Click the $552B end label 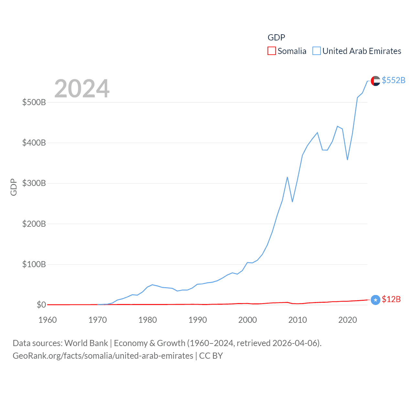[393, 80]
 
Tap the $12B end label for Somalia [391, 299]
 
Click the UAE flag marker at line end [375, 81]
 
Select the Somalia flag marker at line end [375, 300]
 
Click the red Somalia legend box [272, 51]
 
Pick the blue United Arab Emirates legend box [317, 51]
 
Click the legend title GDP [276, 38]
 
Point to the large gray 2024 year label [82, 88]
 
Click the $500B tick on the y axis [34, 103]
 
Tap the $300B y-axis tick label [34, 183]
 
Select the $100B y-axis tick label [34, 264]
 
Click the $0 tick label [41, 305]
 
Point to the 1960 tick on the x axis [48, 320]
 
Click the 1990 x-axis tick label [198, 320]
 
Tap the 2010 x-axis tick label [298, 320]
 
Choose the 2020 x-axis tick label [347, 320]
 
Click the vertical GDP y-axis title [14, 187]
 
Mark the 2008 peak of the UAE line [287, 177]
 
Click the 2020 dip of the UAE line [347, 159]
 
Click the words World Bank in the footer [86, 343]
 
